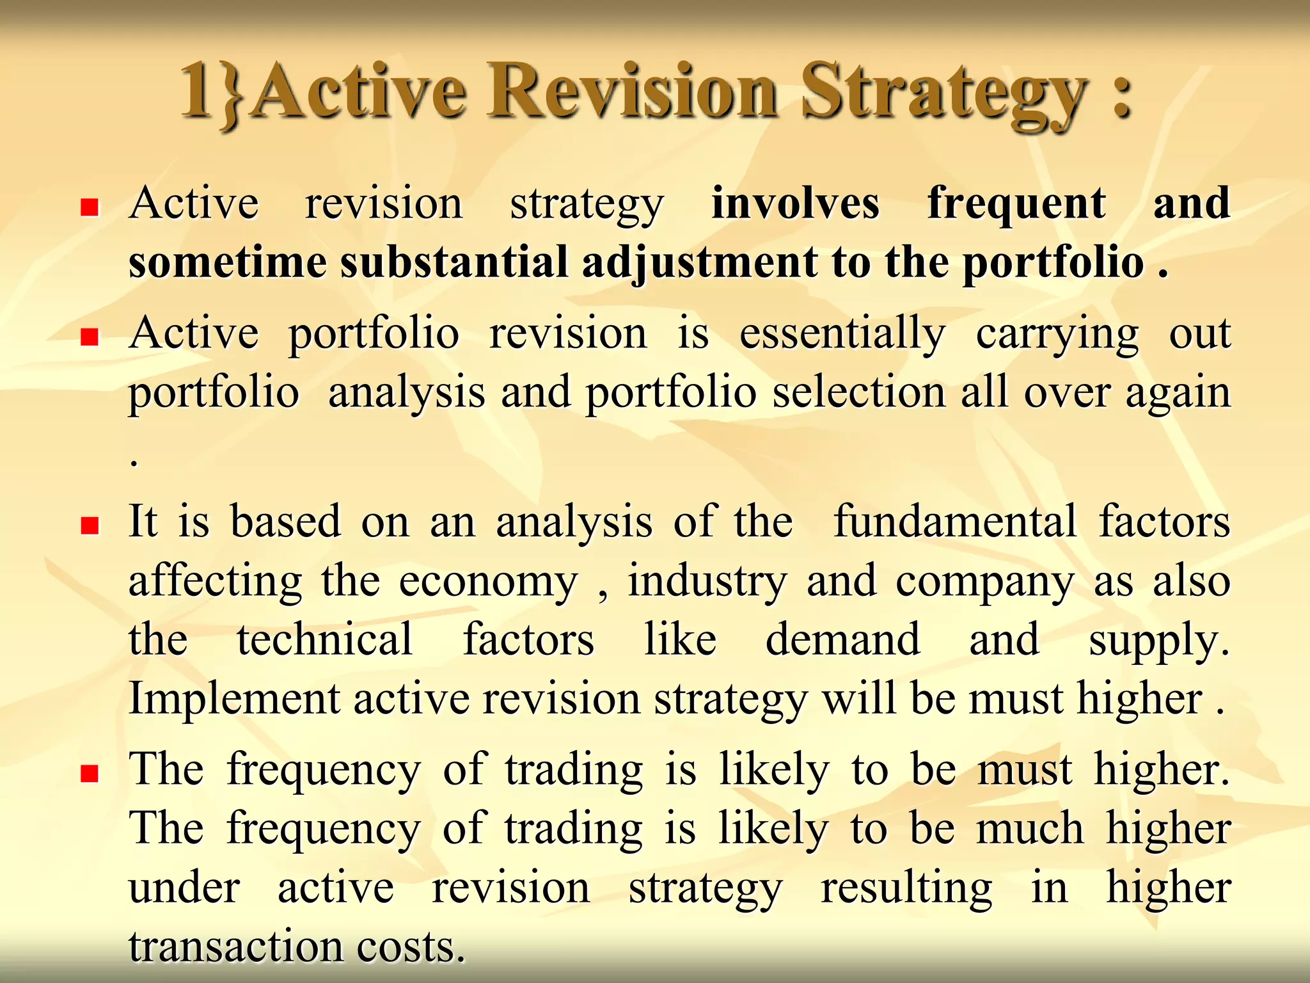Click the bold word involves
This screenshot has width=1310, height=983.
click(795, 204)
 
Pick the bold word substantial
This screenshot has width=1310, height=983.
click(454, 262)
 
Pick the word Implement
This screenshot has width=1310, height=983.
click(234, 699)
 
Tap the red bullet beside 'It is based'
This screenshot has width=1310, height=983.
click(90, 526)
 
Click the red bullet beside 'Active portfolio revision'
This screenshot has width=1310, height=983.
click(90, 337)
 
